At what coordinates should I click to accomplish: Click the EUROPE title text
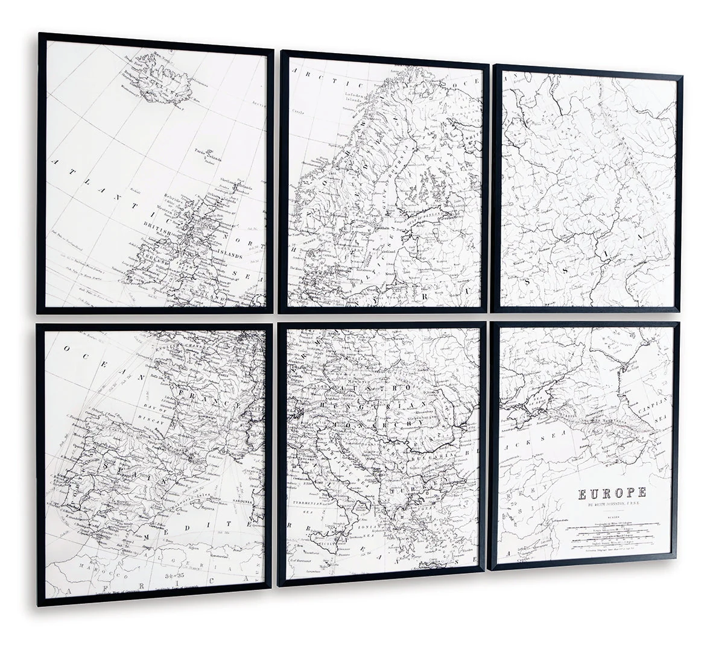click(x=612, y=493)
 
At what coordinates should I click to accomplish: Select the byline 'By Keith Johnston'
click(x=612, y=505)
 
